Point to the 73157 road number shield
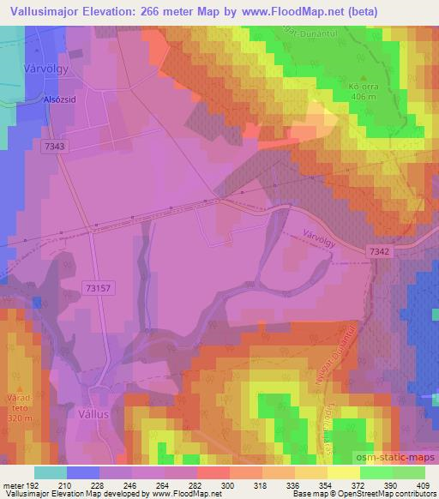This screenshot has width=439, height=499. pos(100,288)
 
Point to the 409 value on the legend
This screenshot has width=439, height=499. pos(424,486)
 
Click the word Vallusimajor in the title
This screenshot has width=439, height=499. pos(43,11)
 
